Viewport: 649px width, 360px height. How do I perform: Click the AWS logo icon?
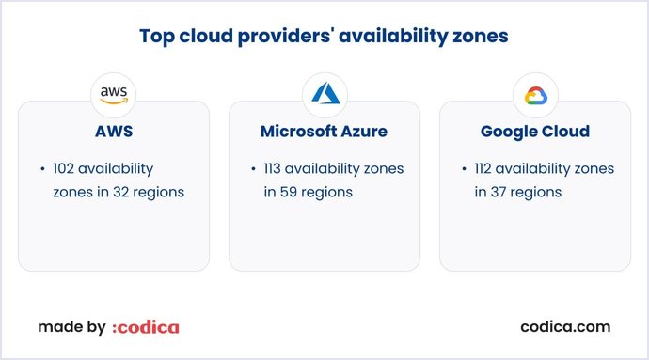pyautogui.click(x=114, y=95)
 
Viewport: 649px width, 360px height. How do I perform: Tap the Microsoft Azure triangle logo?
pyautogui.click(x=324, y=95)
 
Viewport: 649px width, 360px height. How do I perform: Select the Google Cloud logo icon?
pyautogui.click(x=535, y=95)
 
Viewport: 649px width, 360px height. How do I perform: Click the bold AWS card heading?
pyautogui.click(x=114, y=132)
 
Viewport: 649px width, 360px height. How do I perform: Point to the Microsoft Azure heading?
pyautogui.click(x=324, y=132)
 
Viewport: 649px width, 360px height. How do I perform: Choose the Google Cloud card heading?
pyautogui.click(x=535, y=132)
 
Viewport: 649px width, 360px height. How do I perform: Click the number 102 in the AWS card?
pyautogui.click(x=66, y=169)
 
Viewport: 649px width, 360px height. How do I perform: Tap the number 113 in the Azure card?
pyautogui.click(x=276, y=169)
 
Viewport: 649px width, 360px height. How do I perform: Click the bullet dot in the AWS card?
pyautogui.click(x=42, y=169)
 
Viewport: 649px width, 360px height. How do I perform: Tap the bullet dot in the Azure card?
pyautogui.click(x=253, y=169)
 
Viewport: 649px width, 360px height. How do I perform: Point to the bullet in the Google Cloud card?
pyautogui.click(x=464, y=169)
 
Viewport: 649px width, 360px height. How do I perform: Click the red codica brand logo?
pyautogui.click(x=145, y=327)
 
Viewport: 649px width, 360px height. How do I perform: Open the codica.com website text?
pyautogui.click(x=565, y=327)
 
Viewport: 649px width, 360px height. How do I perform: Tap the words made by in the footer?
pyautogui.click(x=71, y=327)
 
